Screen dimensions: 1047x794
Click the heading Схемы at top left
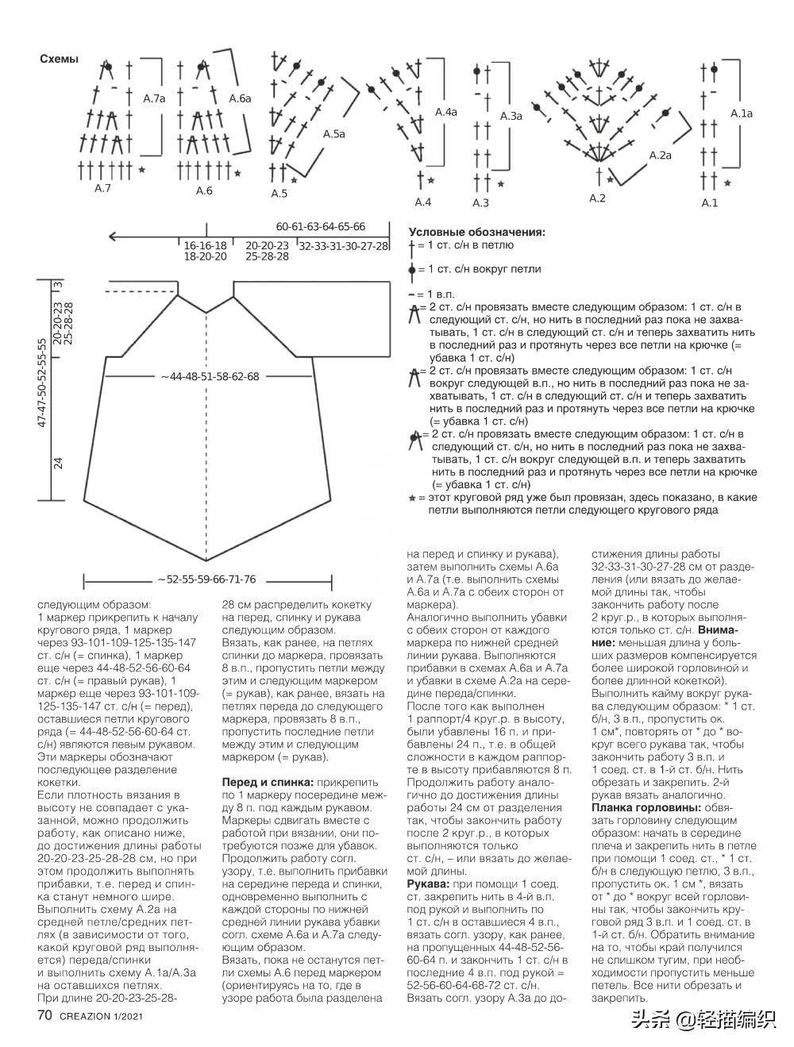tap(59, 60)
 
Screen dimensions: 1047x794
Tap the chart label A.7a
tap(154, 99)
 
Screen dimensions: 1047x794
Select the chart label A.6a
tap(240, 99)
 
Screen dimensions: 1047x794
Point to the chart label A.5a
tap(334, 134)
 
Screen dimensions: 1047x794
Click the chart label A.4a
tap(446, 113)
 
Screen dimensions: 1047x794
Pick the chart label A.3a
tap(511, 116)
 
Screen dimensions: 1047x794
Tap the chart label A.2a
tap(661, 156)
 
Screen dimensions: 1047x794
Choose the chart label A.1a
tap(741, 114)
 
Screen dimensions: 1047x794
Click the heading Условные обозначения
tap(476, 233)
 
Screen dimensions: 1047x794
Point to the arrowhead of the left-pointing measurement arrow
tap(112, 236)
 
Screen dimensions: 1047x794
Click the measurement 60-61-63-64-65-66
tap(321, 226)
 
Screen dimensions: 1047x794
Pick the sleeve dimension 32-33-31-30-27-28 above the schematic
tap(344, 247)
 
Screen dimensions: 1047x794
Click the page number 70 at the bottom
tap(44, 1016)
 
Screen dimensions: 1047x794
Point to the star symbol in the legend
tap(411, 498)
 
